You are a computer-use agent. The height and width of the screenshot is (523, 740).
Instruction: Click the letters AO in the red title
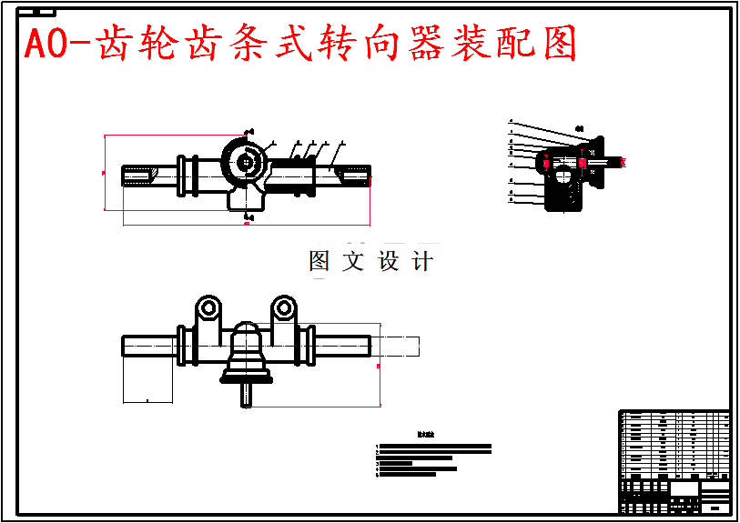tap(46, 44)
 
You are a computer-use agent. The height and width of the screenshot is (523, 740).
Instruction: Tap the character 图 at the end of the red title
tap(557, 44)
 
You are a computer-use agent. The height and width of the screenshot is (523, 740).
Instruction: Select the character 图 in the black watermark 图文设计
tap(319, 262)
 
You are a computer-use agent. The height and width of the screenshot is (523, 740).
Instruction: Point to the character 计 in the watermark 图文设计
tap(422, 262)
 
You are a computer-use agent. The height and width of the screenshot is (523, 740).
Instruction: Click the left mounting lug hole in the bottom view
tap(208, 308)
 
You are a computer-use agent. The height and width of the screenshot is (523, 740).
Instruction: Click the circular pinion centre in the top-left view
tap(245, 162)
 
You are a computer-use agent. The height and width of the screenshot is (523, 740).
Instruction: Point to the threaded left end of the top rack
tap(138, 174)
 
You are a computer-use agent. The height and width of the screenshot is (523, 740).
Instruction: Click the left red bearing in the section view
tap(546, 163)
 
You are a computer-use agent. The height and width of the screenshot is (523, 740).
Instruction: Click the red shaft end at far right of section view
tap(623, 162)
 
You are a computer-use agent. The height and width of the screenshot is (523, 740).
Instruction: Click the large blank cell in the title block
tap(684, 488)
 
